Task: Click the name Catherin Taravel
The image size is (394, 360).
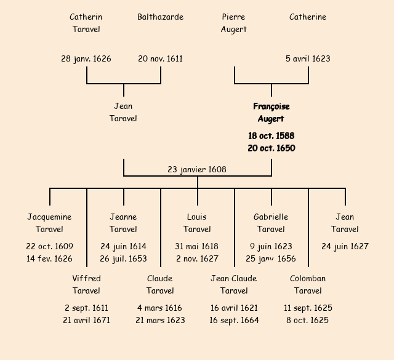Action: pos(86,23)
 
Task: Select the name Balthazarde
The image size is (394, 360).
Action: pos(160,17)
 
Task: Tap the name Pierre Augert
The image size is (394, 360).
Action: pos(234,23)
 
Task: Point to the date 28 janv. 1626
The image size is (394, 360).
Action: pos(86,58)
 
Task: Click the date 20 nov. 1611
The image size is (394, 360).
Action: pos(160,58)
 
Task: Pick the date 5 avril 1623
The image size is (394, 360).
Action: pos(308,58)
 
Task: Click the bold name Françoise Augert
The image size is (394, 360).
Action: pos(271,113)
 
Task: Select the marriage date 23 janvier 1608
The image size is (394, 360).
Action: pos(197,169)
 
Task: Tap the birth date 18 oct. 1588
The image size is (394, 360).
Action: pos(271,135)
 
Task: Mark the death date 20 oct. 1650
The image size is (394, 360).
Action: pos(271,148)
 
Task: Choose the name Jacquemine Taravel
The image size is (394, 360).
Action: pos(49,223)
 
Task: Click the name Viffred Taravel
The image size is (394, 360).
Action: pos(86,284)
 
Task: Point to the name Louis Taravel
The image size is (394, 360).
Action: pos(197,223)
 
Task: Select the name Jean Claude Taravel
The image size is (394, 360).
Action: pos(234,284)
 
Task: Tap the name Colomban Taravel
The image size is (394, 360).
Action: pos(308,284)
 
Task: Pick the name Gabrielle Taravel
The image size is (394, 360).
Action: pos(271,223)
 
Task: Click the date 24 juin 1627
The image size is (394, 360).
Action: pos(345,246)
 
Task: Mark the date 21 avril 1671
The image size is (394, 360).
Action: pos(86,320)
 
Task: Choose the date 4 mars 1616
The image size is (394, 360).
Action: pos(160,308)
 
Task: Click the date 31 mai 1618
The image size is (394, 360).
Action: pos(197,246)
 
